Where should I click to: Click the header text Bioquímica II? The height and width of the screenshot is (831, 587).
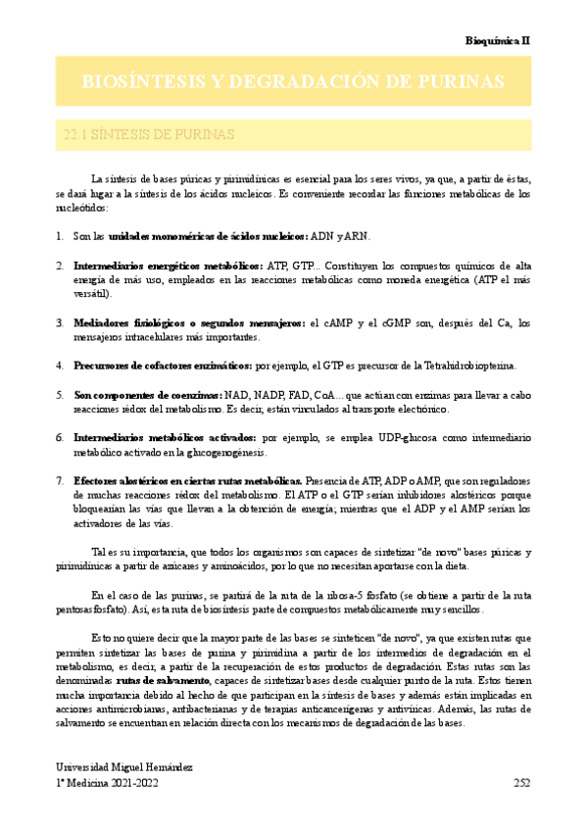[497, 41]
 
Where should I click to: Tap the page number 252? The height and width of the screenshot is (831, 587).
[521, 783]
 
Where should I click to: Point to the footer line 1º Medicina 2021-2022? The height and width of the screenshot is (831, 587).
[105, 783]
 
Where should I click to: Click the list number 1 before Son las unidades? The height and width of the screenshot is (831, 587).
[60, 237]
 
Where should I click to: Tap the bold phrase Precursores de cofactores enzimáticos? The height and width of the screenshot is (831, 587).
[163, 366]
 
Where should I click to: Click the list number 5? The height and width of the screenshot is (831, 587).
[60, 394]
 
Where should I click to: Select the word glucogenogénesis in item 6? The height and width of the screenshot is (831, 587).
[205, 452]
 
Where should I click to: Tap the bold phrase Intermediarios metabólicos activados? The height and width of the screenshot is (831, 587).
[165, 437]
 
